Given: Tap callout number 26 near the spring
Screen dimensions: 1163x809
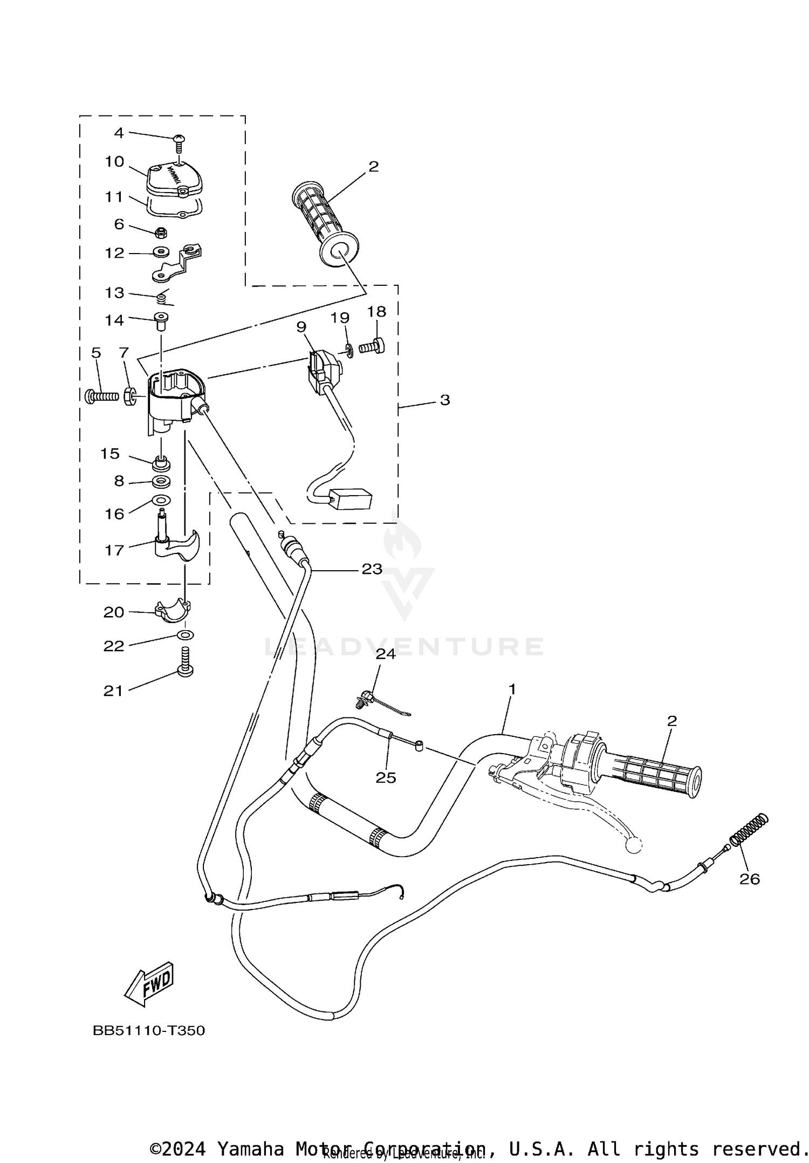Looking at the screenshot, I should pyautogui.click(x=749, y=879).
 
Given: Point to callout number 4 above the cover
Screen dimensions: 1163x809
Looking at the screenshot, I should pyautogui.click(x=119, y=133).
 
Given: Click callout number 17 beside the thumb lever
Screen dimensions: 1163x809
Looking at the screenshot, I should pyautogui.click(x=114, y=550).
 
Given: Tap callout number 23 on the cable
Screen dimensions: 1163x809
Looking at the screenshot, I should pyautogui.click(x=372, y=569).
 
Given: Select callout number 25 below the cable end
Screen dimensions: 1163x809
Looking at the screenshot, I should pyautogui.click(x=386, y=777).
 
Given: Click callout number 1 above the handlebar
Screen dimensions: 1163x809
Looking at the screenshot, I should pyautogui.click(x=512, y=689).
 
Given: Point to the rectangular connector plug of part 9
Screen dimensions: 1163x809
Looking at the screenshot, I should pyautogui.click(x=352, y=500).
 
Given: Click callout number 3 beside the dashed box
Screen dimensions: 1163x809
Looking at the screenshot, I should pyautogui.click(x=444, y=400).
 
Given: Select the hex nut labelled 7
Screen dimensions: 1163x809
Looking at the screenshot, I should pyautogui.click(x=130, y=396).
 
